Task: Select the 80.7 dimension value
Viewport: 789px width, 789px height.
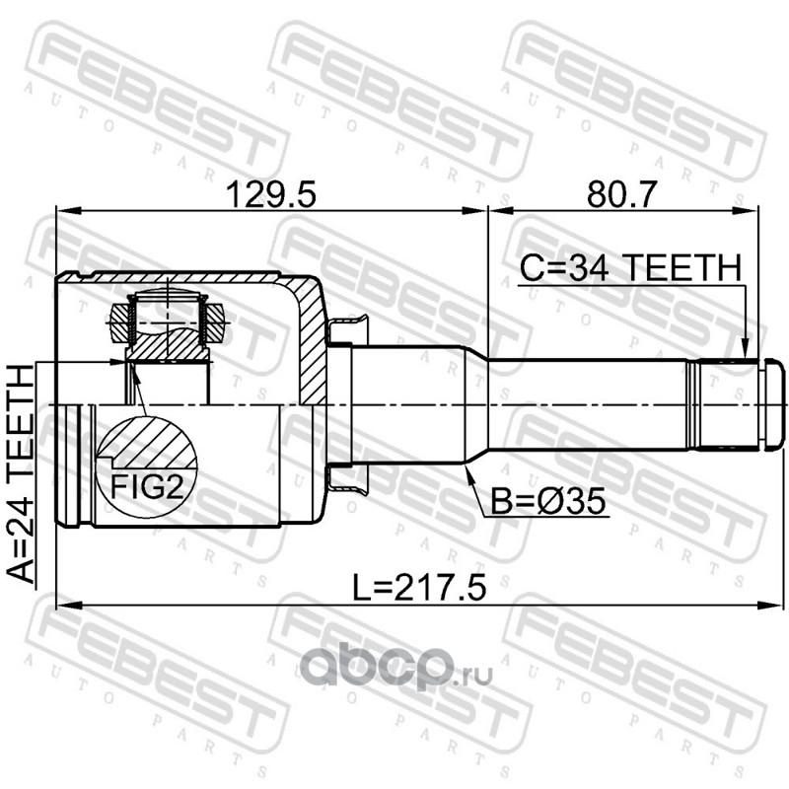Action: [x=622, y=194]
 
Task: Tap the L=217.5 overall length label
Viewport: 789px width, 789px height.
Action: [x=419, y=588]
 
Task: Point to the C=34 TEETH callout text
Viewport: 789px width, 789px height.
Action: [x=630, y=267]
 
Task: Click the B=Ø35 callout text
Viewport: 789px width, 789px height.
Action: [x=548, y=502]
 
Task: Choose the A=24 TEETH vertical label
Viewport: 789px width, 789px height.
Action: [x=21, y=474]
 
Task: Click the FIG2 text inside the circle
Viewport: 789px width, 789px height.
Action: [x=147, y=486]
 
